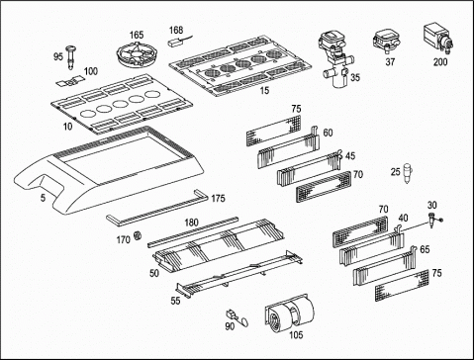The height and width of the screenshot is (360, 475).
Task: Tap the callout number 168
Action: tap(176, 30)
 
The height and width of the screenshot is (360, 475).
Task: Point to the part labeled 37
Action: tap(385, 42)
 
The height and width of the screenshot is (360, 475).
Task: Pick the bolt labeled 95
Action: tap(71, 57)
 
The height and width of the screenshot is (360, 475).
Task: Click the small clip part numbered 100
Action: tap(71, 81)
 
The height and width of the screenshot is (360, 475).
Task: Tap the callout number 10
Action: tap(67, 127)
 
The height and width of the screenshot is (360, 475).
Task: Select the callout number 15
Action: tap(264, 90)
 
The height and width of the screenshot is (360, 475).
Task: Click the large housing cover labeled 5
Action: tap(109, 170)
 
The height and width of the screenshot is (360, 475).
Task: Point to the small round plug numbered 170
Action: tap(138, 235)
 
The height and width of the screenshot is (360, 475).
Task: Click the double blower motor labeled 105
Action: tap(290, 315)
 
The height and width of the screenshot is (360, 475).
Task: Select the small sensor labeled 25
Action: tap(408, 173)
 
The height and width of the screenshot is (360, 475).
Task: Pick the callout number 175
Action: tap(218, 199)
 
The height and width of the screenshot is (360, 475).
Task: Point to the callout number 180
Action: tap(191, 223)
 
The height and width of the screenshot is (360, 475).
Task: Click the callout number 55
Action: tap(175, 301)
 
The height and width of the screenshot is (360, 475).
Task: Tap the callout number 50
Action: tap(154, 273)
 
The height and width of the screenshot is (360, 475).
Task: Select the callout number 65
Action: tap(425, 249)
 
